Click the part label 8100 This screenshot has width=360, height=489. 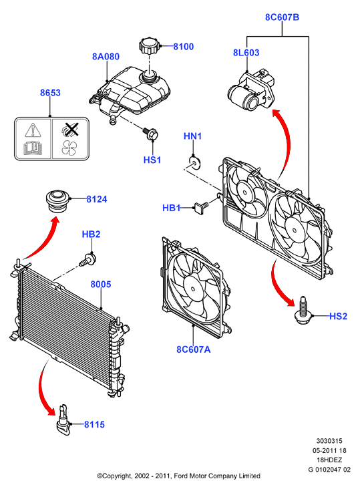click(183, 47)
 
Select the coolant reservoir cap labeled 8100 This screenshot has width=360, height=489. click(149, 46)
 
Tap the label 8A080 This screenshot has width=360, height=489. click(106, 56)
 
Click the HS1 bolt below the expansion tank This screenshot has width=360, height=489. click(150, 134)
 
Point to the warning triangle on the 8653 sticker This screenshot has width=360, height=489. click(33, 130)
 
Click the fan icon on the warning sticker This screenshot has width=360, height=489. click(69, 148)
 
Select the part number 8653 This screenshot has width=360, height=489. click(50, 93)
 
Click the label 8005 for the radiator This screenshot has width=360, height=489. click(101, 284)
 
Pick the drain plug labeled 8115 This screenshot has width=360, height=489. click(64, 420)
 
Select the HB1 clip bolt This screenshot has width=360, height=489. click(202, 206)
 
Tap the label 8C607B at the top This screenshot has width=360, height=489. click(282, 17)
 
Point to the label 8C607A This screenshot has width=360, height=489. click(194, 349)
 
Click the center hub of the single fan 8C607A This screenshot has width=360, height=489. click(193, 289)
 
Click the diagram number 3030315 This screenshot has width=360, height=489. click(329, 441)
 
